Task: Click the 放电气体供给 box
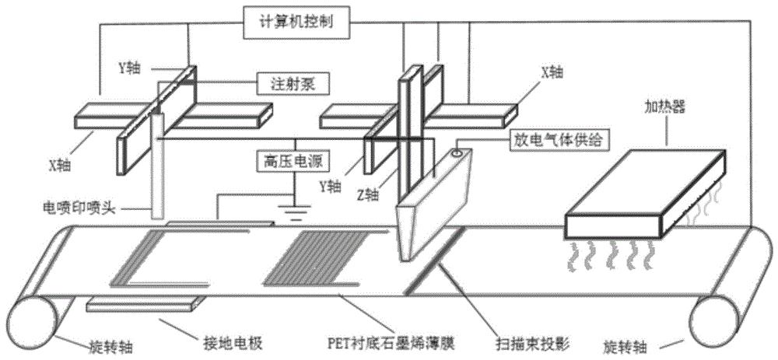pyautogui.click(x=548, y=139)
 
